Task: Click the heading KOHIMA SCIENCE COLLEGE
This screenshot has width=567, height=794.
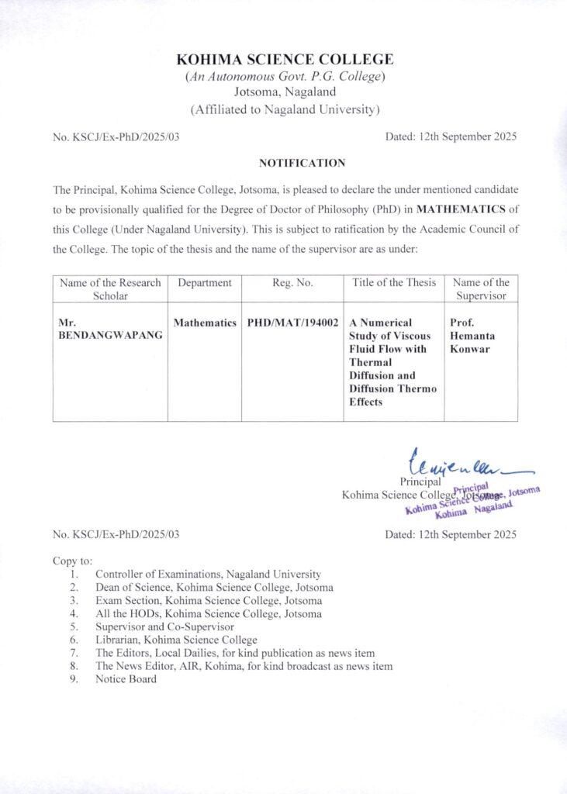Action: tap(285, 60)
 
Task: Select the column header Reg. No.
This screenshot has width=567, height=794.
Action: tap(292, 283)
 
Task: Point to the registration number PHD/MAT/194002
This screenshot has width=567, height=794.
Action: tap(292, 322)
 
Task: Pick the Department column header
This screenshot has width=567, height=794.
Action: tap(205, 283)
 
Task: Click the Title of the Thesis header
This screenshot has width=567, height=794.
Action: tap(394, 283)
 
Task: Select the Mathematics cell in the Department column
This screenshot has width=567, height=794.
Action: tap(205, 322)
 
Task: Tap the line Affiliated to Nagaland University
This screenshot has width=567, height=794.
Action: tap(285, 109)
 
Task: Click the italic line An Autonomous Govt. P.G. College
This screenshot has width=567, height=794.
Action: tap(285, 77)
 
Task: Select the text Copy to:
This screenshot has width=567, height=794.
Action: tap(73, 560)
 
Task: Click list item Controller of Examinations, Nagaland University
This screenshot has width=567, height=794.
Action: tap(208, 575)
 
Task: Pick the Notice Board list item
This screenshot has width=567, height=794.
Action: tap(126, 679)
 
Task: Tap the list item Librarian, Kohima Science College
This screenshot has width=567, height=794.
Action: tap(176, 640)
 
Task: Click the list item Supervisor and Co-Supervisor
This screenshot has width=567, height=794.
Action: tap(165, 627)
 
